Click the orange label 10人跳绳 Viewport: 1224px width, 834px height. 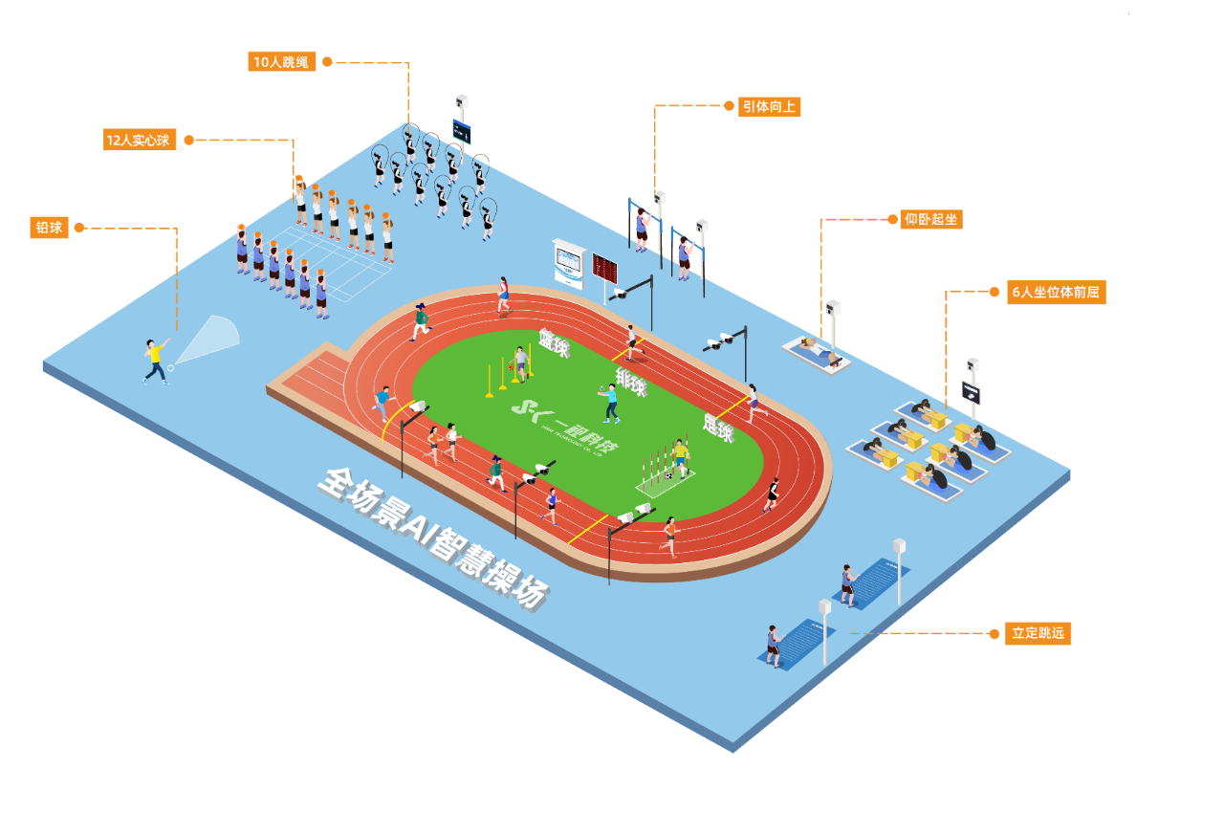pos(281,62)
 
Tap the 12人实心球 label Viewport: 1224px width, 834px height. pos(140,140)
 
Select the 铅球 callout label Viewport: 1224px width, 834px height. pos(49,228)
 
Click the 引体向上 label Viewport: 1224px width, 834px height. pos(769,106)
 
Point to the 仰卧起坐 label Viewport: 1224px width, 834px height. pos(931,220)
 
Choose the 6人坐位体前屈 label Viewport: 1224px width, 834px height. pos(1056,293)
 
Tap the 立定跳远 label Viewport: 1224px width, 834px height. pos(1038,633)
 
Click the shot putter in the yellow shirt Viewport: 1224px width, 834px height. pos(155,361)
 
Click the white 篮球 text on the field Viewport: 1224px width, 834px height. pos(554,343)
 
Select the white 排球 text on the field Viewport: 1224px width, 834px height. pos(631,381)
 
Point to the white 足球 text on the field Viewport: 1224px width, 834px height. pos(717,427)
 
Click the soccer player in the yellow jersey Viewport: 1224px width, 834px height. pos(680,456)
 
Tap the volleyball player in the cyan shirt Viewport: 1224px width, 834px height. pos(610,402)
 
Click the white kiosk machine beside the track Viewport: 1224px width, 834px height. pos(569,264)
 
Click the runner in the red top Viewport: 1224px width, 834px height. pos(503,295)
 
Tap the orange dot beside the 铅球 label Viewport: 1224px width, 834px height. pos(79,228)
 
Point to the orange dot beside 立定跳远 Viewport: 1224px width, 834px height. pos(994,633)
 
